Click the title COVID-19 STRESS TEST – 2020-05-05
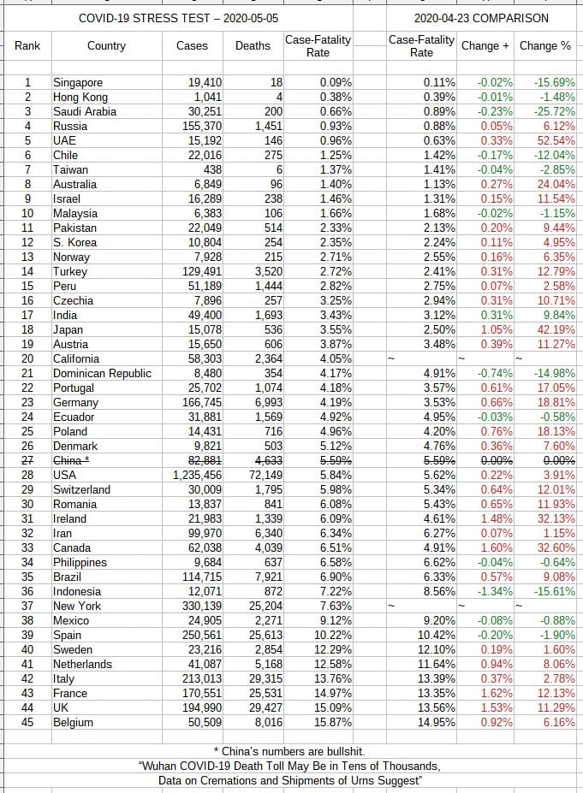(x=178, y=17)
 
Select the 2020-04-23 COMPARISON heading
(x=481, y=17)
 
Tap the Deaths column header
(x=253, y=46)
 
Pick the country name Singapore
(x=78, y=83)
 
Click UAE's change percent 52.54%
(x=556, y=141)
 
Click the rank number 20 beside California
(x=27, y=359)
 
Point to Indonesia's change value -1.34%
(x=494, y=592)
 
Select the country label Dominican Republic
(x=102, y=374)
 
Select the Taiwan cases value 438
(x=211, y=170)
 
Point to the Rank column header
(x=27, y=46)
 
